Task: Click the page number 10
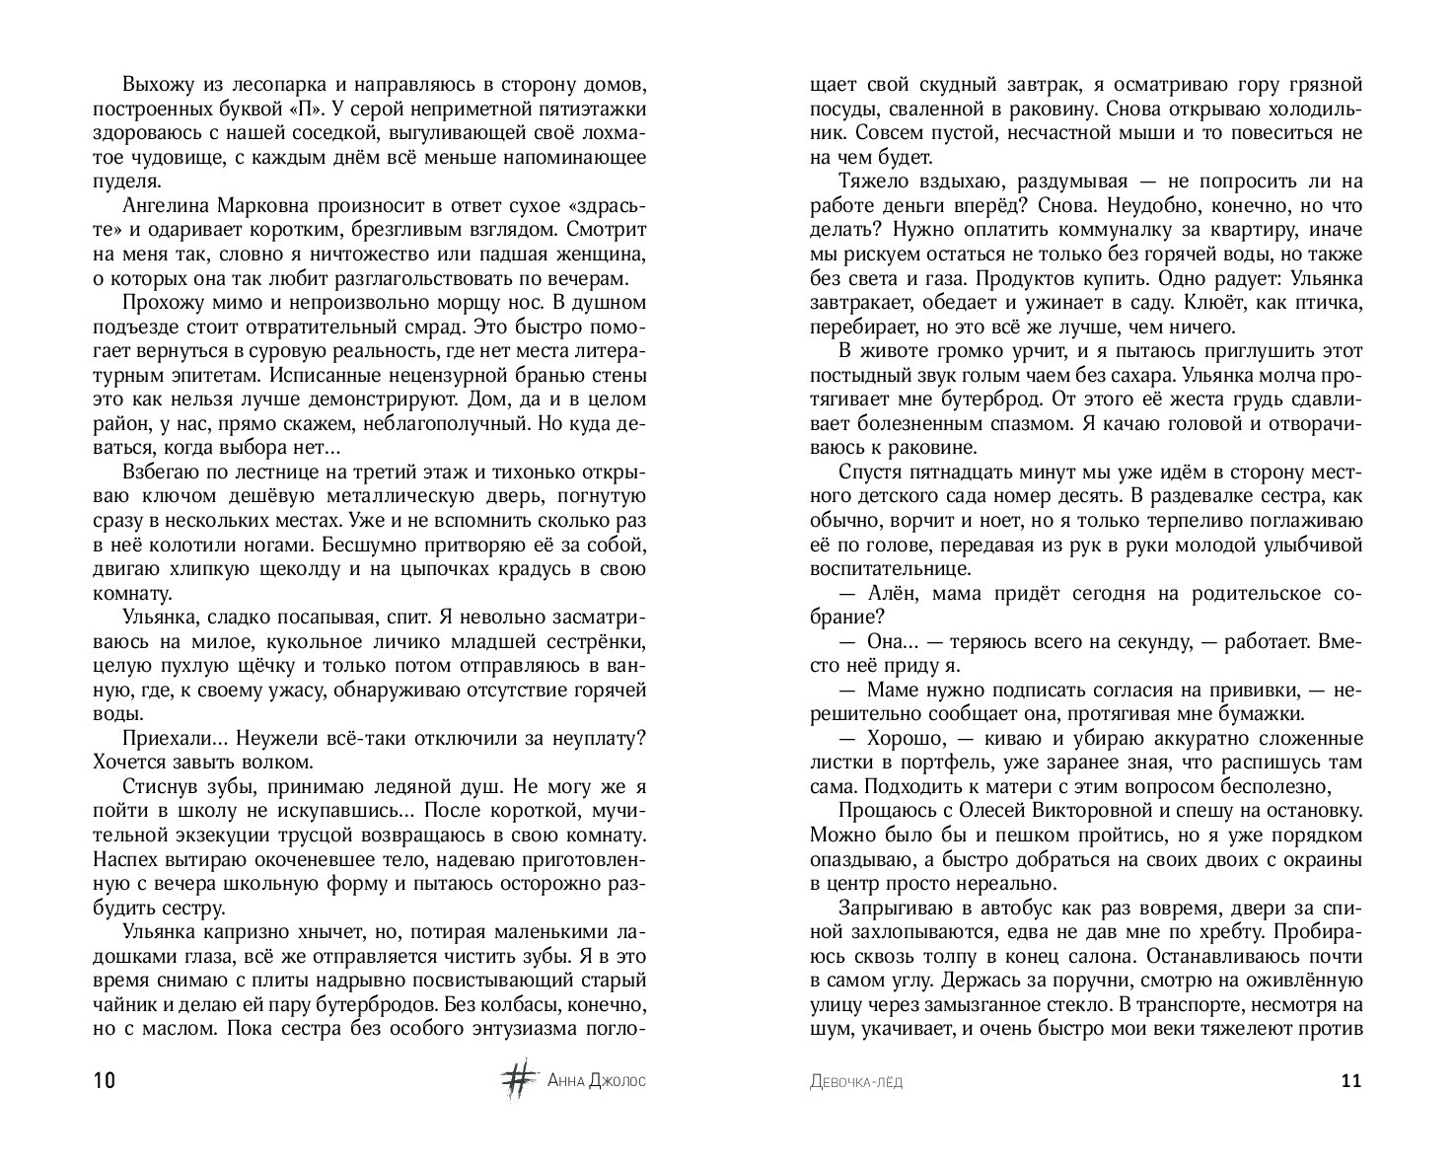tap(105, 1080)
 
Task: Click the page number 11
tap(1351, 1080)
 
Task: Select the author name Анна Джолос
tap(597, 1081)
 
